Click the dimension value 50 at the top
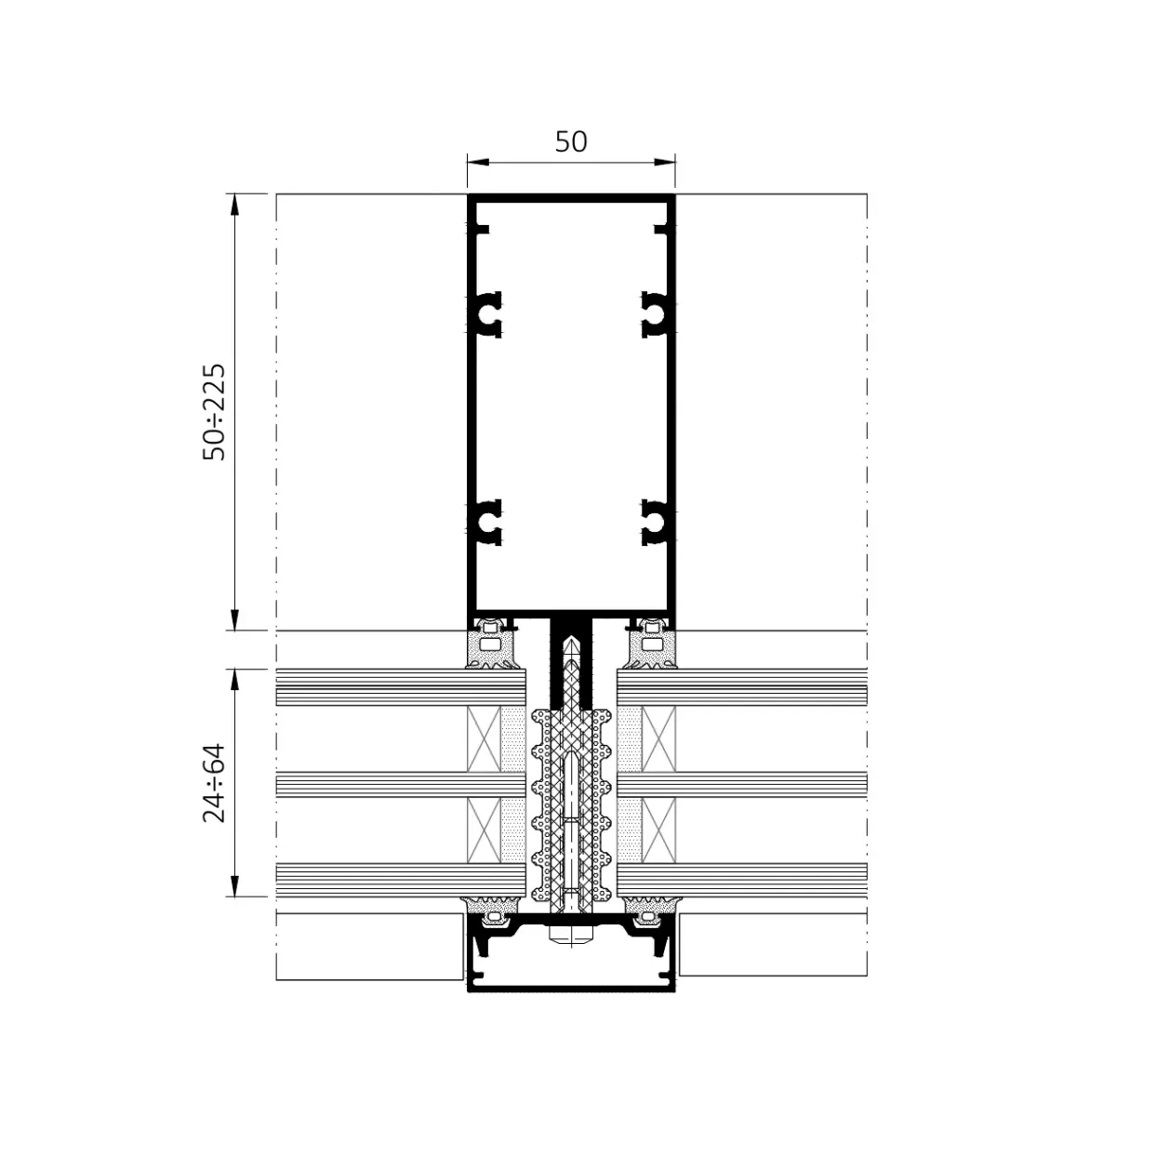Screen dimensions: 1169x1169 click(571, 141)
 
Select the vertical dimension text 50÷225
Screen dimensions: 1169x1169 click(215, 412)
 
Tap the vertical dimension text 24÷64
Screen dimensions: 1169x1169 click(215, 782)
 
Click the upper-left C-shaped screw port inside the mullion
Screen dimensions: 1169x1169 click(488, 314)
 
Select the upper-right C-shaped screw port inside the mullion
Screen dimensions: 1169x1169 click(654, 314)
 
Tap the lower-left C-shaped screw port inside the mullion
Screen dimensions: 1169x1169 click(488, 522)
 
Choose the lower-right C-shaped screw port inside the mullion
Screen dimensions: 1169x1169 click(654, 522)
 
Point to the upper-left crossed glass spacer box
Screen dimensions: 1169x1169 click(484, 738)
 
